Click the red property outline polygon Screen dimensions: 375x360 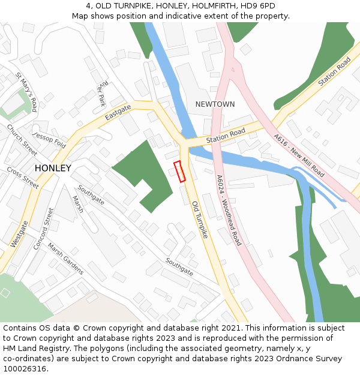point(179,171)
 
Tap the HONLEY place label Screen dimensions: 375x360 point(53,169)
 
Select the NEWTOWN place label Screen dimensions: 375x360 point(215,104)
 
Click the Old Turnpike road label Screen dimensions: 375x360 point(200,220)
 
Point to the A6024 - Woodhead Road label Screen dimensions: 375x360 point(229,210)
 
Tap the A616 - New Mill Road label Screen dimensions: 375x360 point(299,155)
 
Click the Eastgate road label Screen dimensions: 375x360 point(118,112)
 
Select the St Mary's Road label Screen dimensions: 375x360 point(27,92)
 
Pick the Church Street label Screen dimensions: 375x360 point(22,136)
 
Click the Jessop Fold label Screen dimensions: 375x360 point(49,140)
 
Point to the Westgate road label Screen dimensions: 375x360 point(19,234)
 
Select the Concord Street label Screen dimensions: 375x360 point(43,229)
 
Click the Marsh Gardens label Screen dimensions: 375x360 point(65,259)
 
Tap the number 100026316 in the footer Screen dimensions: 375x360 point(25,368)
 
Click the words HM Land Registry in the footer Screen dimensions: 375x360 point(30,348)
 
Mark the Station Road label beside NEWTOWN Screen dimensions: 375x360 point(226,136)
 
